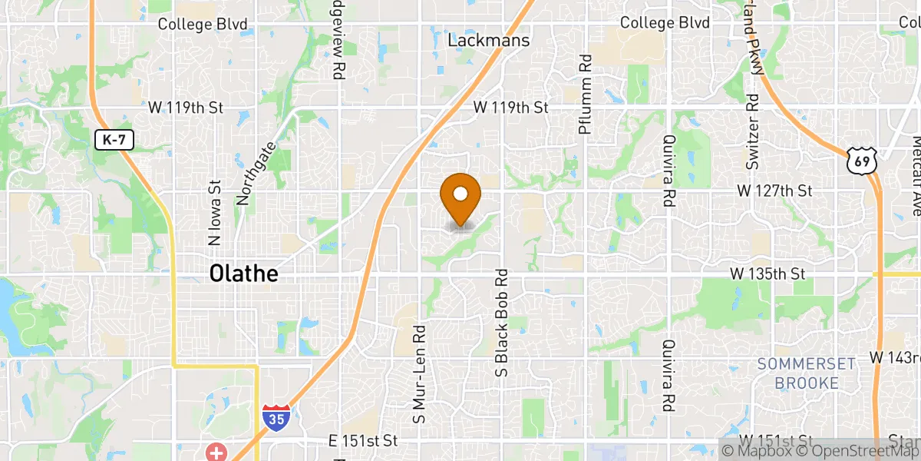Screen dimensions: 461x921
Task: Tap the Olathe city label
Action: pos(243,274)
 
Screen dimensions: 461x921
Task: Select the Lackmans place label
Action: pos(489,41)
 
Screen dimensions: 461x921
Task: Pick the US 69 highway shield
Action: pos(861,160)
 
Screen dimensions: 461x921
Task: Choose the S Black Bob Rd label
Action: pos(503,323)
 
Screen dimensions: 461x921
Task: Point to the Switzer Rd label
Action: pos(752,132)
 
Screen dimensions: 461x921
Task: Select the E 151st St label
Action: pos(363,440)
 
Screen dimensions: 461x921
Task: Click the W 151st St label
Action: pos(776,440)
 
